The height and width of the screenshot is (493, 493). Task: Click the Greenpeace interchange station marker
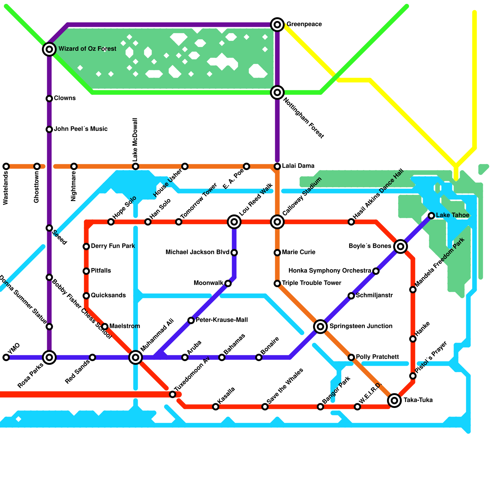click(x=277, y=25)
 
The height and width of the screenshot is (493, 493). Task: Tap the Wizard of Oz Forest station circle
click(x=49, y=49)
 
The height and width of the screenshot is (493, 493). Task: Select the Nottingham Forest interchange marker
click(x=277, y=92)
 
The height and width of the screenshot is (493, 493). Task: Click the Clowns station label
click(x=65, y=98)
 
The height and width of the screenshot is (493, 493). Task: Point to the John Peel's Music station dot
click(x=49, y=129)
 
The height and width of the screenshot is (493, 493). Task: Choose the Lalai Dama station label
click(x=298, y=166)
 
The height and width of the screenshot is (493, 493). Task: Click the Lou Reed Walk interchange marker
click(x=234, y=222)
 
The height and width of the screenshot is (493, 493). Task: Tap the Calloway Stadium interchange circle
click(x=277, y=222)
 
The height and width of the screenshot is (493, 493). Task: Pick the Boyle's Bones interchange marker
click(x=401, y=246)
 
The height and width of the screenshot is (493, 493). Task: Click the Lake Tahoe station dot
click(x=431, y=216)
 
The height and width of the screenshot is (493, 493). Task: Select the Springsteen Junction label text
click(x=361, y=326)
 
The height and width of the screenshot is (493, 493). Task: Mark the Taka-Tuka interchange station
click(x=394, y=400)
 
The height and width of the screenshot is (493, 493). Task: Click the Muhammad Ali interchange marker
click(x=136, y=357)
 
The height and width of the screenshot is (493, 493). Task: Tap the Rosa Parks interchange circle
click(x=49, y=357)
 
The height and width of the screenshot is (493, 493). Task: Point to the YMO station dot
click(x=6, y=357)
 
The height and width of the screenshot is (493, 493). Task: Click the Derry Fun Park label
click(x=113, y=246)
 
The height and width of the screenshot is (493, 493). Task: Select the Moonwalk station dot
click(x=228, y=283)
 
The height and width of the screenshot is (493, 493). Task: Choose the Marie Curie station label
click(x=299, y=252)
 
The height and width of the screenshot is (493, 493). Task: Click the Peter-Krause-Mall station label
click(x=222, y=320)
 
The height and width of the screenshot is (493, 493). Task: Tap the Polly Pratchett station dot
click(x=351, y=357)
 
